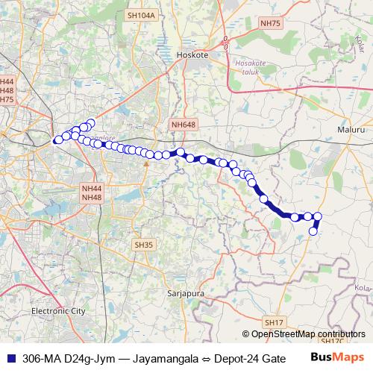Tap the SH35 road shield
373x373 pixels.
pyautogui.click(x=143, y=244)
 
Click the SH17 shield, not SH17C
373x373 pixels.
pyautogui.click(x=275, y=322)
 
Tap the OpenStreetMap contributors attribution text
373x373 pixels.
pyautogui.click(x=304, y=334)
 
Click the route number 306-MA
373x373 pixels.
pyautogui.click(x=42, y=358)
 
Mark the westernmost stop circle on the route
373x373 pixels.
pyautogui.click(x=57, y=140)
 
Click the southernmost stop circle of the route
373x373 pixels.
pyautogui.click(x=313, y=231)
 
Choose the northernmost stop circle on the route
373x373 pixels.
pyautogui.click(x=91, y=123)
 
